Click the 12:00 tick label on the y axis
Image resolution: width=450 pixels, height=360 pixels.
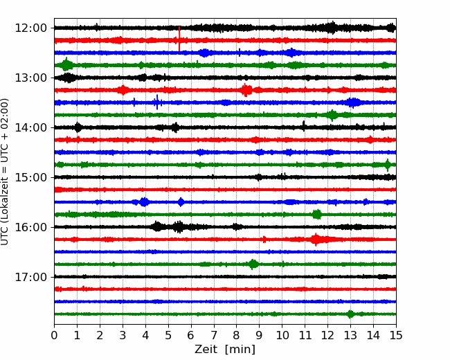click(x=30, y=28)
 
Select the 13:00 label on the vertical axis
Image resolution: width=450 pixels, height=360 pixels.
click(x=30, y=78)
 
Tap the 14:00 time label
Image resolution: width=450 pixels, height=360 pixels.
click(x=30, y=127)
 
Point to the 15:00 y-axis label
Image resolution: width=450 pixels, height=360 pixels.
click(x=30, y=177)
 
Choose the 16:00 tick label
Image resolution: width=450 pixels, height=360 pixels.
click(x=30, y=227)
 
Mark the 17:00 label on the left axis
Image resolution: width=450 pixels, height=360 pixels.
click(x=30, y=277)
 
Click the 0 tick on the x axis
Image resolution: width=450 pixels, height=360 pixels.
click(x=54, y=335)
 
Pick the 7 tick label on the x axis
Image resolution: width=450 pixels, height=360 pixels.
click(x=214, y=335)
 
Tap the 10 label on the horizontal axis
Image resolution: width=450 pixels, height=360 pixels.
click(x=282, y=335)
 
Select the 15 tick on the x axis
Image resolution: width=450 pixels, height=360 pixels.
click(x=396, y=335)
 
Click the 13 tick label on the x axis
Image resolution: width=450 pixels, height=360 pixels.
click(x=350, y=335)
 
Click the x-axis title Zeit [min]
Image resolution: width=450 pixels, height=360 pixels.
click(x=225, y=350)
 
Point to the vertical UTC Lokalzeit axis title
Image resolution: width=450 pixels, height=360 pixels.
click(x=5, y=172)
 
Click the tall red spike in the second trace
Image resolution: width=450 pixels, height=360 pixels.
click(x=179, y=39)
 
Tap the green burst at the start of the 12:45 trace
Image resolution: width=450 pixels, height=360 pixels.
click(x=67, y=64)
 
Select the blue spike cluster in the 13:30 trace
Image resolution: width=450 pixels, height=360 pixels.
click(x=157, y=102)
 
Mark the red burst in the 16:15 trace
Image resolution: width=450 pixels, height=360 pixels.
click(x=316, y=239)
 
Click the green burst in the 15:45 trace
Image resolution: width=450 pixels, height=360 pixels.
click(x=317, y=214)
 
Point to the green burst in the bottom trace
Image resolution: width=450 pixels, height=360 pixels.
click(x=350, y=314)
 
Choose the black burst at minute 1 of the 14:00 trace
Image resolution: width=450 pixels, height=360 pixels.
click(x=78, y=127)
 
